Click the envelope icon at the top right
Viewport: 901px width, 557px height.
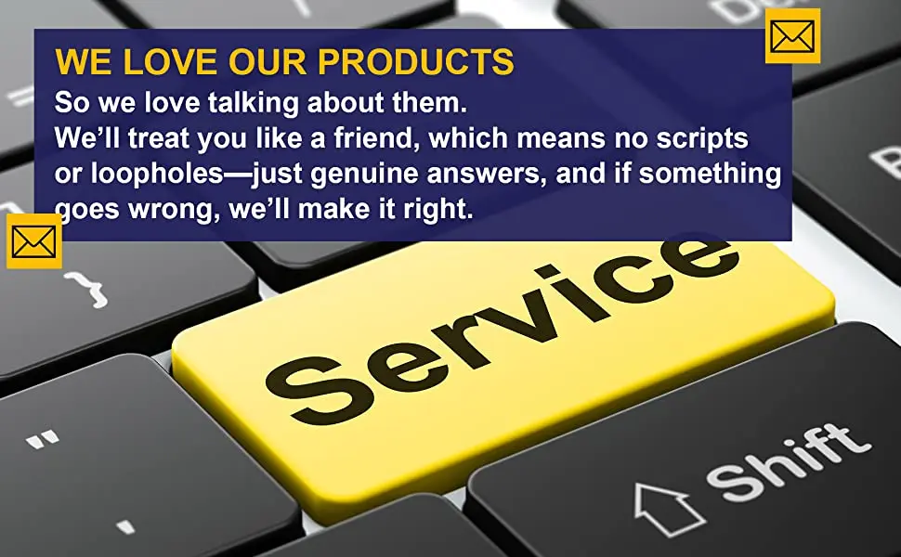click(x=792, y=35)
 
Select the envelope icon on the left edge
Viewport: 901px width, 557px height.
click(x=33, y=240)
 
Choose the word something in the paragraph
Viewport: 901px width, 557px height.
click(x=711, y=174)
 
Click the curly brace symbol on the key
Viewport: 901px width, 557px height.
click(x=86, y=290)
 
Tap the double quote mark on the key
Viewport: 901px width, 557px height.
click(x=42, y=439)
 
